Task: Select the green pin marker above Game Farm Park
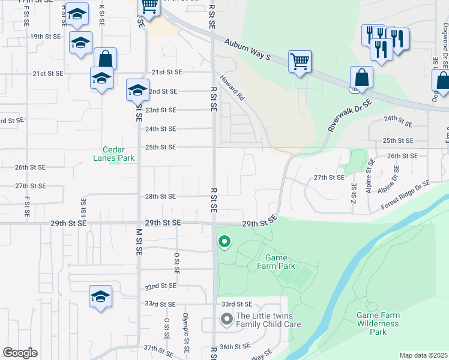point(224,242)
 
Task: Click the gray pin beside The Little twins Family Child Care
point(226,319)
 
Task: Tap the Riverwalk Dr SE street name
point(350,115)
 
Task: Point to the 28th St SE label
point(160,196)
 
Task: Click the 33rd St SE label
point(237,304)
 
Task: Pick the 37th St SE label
point(158,348)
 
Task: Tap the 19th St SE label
point(46,37)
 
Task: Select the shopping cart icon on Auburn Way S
point(300,61)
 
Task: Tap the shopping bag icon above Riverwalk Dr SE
point(361,77)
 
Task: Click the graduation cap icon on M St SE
point(137,90)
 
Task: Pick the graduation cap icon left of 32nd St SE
point(101,296)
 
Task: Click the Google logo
point(20,353)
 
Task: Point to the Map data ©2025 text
point(423,355)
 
